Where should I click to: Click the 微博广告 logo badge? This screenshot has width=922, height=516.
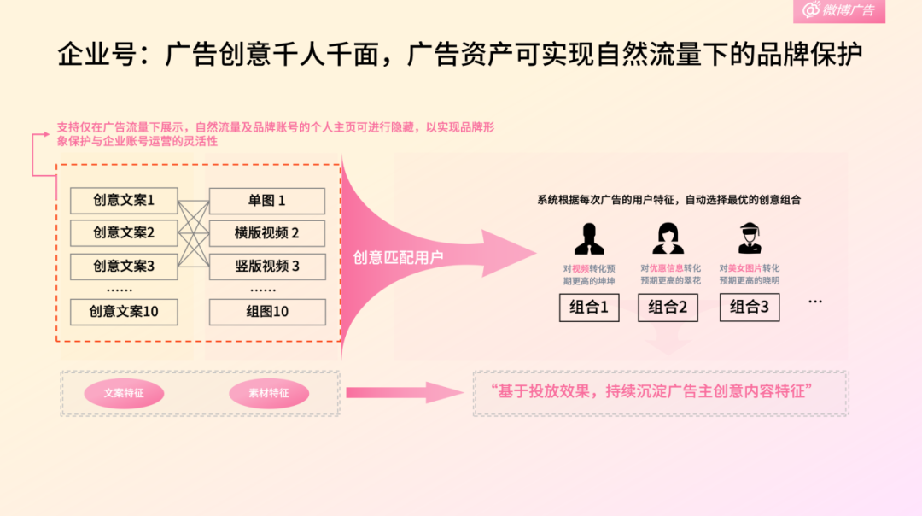click(x=838, y=10)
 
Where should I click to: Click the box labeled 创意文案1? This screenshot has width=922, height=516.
click(x=124, y=201)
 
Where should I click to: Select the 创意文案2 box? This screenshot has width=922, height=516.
click(x=124, y=232)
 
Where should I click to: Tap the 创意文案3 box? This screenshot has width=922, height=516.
click(x=124, y=266)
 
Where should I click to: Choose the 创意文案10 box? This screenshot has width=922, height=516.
click(x=124, y=312)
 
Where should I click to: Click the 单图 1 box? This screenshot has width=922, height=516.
click(x=267, y=201)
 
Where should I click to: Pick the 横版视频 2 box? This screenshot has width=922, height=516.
click(x=267, y=232)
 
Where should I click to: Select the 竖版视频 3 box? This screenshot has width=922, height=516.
click(x=267, y=266)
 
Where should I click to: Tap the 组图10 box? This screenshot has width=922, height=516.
click(x=267, y=312)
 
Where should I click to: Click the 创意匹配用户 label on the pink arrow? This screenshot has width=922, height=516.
click(x=398, y=256)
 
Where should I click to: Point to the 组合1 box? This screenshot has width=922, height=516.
click(x=589, y=308)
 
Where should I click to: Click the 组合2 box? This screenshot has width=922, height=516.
click(x=668, y=308)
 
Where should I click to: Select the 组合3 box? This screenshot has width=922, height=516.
click(x=750, y=308)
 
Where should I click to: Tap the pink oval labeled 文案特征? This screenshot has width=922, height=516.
click(x=124, y=394)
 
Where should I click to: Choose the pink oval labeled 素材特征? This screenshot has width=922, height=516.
click(x=269, y=394)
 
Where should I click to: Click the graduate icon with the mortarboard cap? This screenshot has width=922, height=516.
click(x=749, y=237)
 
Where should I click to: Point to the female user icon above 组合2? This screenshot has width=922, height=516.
click(x=668, y=237)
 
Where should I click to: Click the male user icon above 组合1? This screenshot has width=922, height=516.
click(x=589, y=237)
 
